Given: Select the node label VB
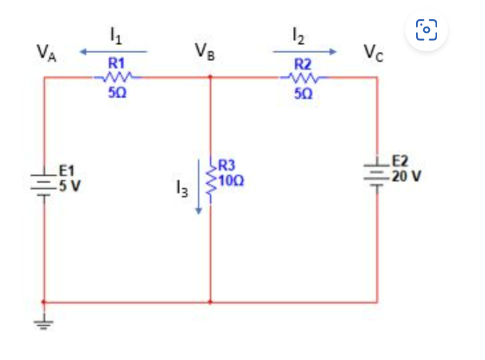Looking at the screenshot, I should click(x=205, y=51).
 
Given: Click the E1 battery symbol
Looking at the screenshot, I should click(x=44, y=181).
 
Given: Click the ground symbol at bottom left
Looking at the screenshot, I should click(x=44, y=325).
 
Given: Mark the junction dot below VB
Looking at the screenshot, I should click(x=210, y=77).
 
